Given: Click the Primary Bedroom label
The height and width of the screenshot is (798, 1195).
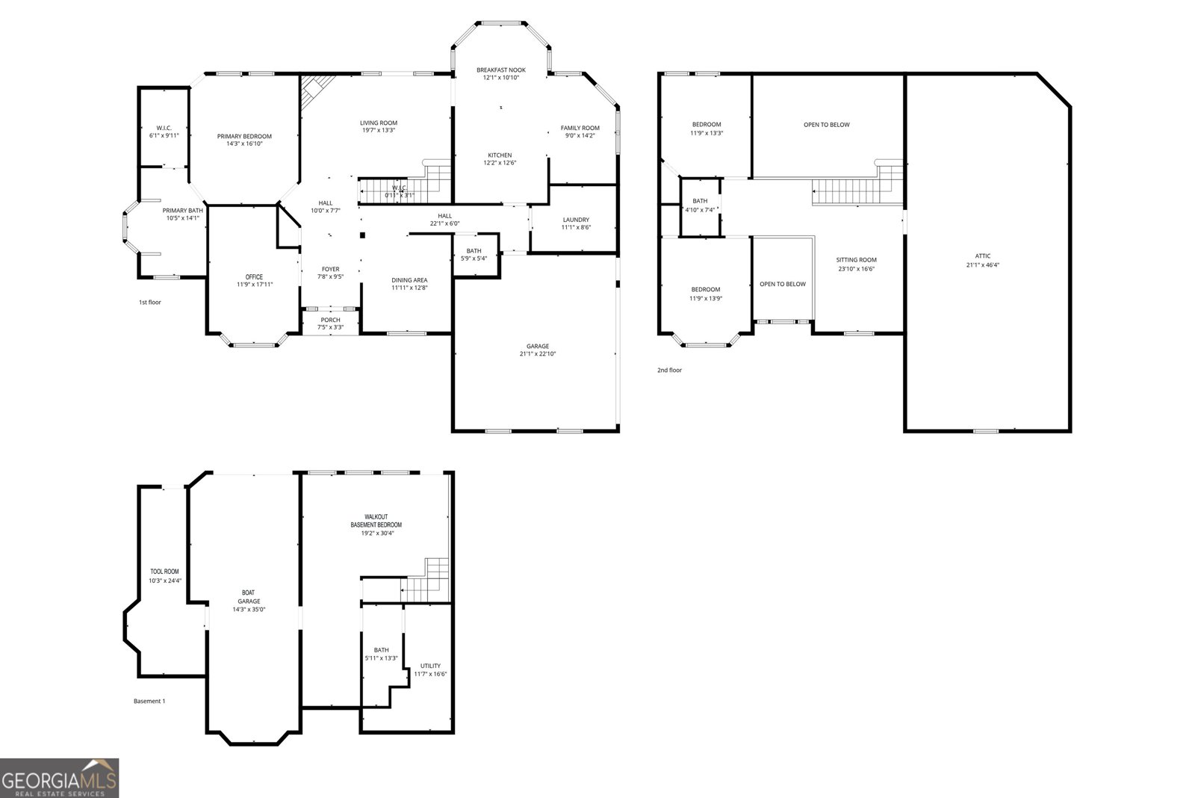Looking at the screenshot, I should point(244,136).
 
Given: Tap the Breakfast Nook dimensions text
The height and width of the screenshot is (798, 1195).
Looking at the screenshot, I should point(501,78).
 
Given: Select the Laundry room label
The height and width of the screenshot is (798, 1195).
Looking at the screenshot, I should point(576,220).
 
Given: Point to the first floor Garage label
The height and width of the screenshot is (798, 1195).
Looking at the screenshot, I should point(537,346).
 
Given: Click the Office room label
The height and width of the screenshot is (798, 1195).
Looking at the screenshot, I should point(254,277).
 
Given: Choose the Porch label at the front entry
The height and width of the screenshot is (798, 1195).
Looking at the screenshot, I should point(330,320).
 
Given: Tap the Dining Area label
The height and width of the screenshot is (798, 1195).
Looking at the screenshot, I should point(409,280).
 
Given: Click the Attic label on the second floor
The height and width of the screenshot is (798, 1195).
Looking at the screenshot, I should point(983,256).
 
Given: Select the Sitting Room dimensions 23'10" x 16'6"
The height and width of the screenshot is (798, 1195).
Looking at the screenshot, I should point(856,269).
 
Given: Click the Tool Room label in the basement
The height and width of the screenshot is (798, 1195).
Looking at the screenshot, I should point(165,572).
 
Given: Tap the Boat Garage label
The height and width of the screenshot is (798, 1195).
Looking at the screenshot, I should point(249,596).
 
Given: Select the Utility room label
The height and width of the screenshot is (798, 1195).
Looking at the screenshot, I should point(430,666).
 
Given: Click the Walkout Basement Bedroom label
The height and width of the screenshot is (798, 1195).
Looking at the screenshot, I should point(376,521).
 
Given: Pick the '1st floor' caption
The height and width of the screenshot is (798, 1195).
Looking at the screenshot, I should point(149,303).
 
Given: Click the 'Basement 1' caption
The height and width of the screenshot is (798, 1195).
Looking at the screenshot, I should point(149,701).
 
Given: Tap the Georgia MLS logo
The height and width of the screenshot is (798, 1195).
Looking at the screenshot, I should point(60,778).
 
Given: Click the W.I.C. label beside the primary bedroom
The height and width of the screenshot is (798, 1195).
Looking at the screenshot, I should point(164,128).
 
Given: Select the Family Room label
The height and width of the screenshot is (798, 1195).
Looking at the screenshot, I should point(580,128).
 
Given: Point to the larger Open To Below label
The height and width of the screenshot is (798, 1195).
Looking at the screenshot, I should point(826,125).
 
